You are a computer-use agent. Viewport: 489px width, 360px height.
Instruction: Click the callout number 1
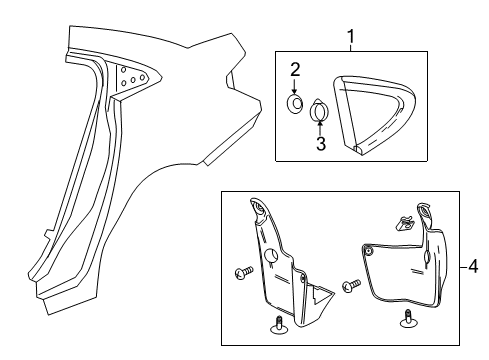[351, 37]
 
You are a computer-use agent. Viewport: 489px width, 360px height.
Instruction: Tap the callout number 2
[295, 69]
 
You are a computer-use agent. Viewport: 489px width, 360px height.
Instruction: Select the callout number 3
[320, 144]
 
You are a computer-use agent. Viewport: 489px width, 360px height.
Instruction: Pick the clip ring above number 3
[320, 111]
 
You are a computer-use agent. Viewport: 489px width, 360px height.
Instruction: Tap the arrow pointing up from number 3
[320, 127]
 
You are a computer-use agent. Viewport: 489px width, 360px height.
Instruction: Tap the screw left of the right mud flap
[351, 285]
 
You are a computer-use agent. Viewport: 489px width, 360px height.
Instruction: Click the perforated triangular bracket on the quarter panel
[129, 79]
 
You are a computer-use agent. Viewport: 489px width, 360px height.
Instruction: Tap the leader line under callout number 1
[351, 48]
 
